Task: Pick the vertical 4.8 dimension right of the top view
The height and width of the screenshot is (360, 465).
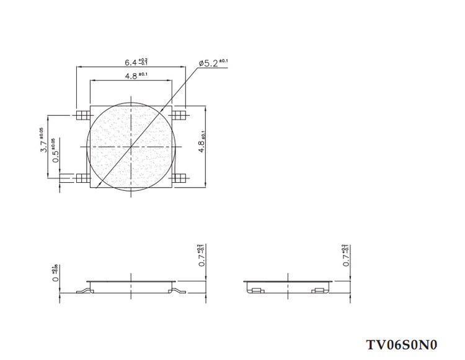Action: [211, 146]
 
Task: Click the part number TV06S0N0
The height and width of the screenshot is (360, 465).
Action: [402, 344]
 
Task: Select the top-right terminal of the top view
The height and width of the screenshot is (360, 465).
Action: [180, 115]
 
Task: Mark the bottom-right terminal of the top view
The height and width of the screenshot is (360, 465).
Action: [180, 178]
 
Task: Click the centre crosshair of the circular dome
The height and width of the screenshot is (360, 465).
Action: [131, 146]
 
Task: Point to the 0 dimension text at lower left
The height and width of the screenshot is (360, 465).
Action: [56, 273]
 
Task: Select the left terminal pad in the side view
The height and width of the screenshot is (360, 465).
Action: [255, 289]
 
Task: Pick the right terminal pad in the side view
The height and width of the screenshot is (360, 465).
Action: [319, 289]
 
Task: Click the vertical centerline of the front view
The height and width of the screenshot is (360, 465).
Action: [131, 285]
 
